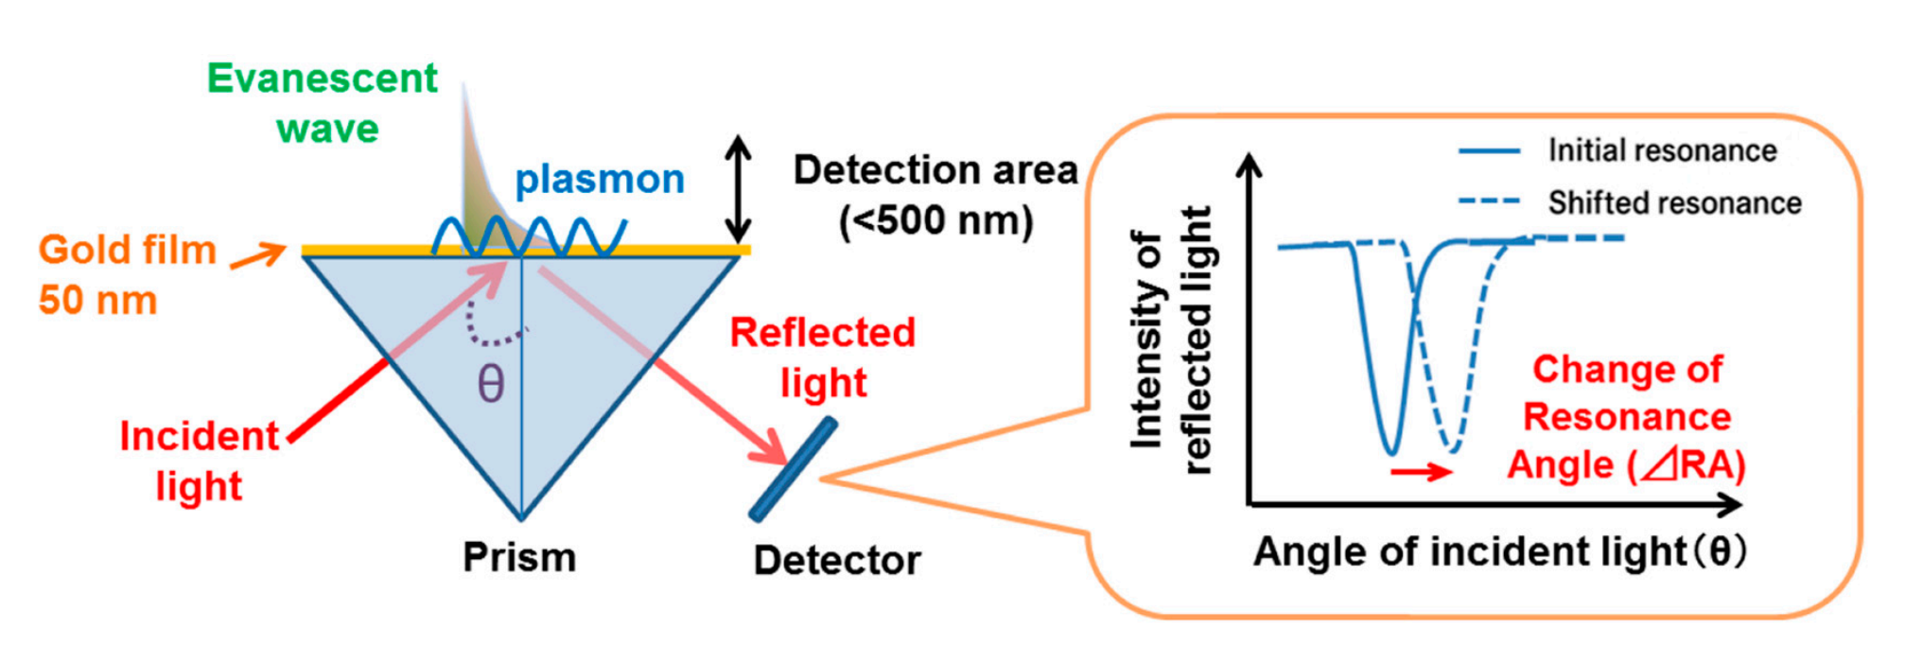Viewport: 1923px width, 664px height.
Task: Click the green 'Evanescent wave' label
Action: pos(323,102)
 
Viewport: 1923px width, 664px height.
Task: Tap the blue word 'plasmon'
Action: pos(600,179)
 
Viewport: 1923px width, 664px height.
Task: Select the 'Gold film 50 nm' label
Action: pos(127,274)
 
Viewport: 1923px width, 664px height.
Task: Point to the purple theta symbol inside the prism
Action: pos(490,384)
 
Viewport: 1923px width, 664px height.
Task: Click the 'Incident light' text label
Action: pos(200,461)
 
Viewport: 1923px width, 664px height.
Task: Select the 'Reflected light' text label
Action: pos(823,358)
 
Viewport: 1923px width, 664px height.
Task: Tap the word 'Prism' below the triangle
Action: pos(519,557)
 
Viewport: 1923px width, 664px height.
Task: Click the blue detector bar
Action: pos(793,470)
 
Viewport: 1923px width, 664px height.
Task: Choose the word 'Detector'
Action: pos(837,561)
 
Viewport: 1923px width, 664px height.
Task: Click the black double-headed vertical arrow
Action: pos(738,188)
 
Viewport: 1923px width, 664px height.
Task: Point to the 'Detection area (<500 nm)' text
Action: pos(935,195)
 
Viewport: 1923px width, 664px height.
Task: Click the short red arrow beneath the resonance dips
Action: pos(1421,471)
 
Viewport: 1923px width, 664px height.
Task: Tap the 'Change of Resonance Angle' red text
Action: pos(1627,417)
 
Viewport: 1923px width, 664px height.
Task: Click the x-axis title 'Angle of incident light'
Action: pos(1499,551)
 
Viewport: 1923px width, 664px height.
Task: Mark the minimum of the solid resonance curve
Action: pos(1390,451)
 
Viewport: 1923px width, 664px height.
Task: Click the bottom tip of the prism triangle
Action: pos(520,518)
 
